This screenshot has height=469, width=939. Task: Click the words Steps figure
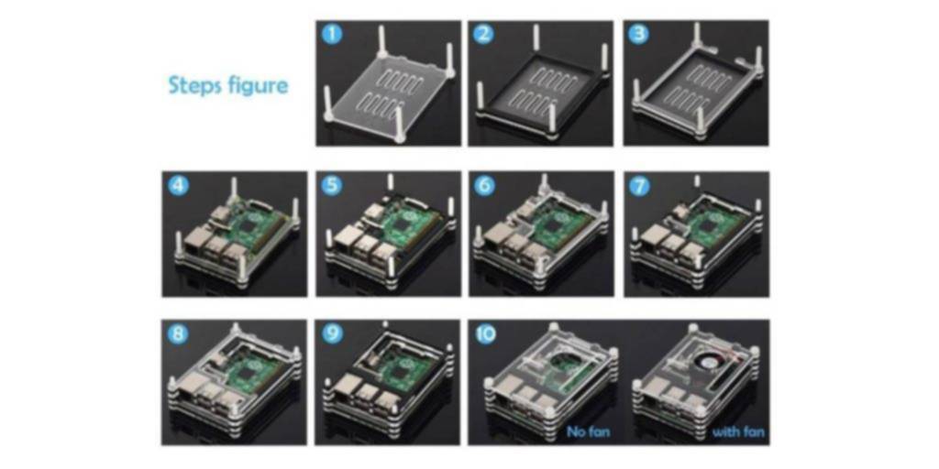227,86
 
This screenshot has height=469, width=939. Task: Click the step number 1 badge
333,36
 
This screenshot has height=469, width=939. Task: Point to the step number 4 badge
179,186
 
